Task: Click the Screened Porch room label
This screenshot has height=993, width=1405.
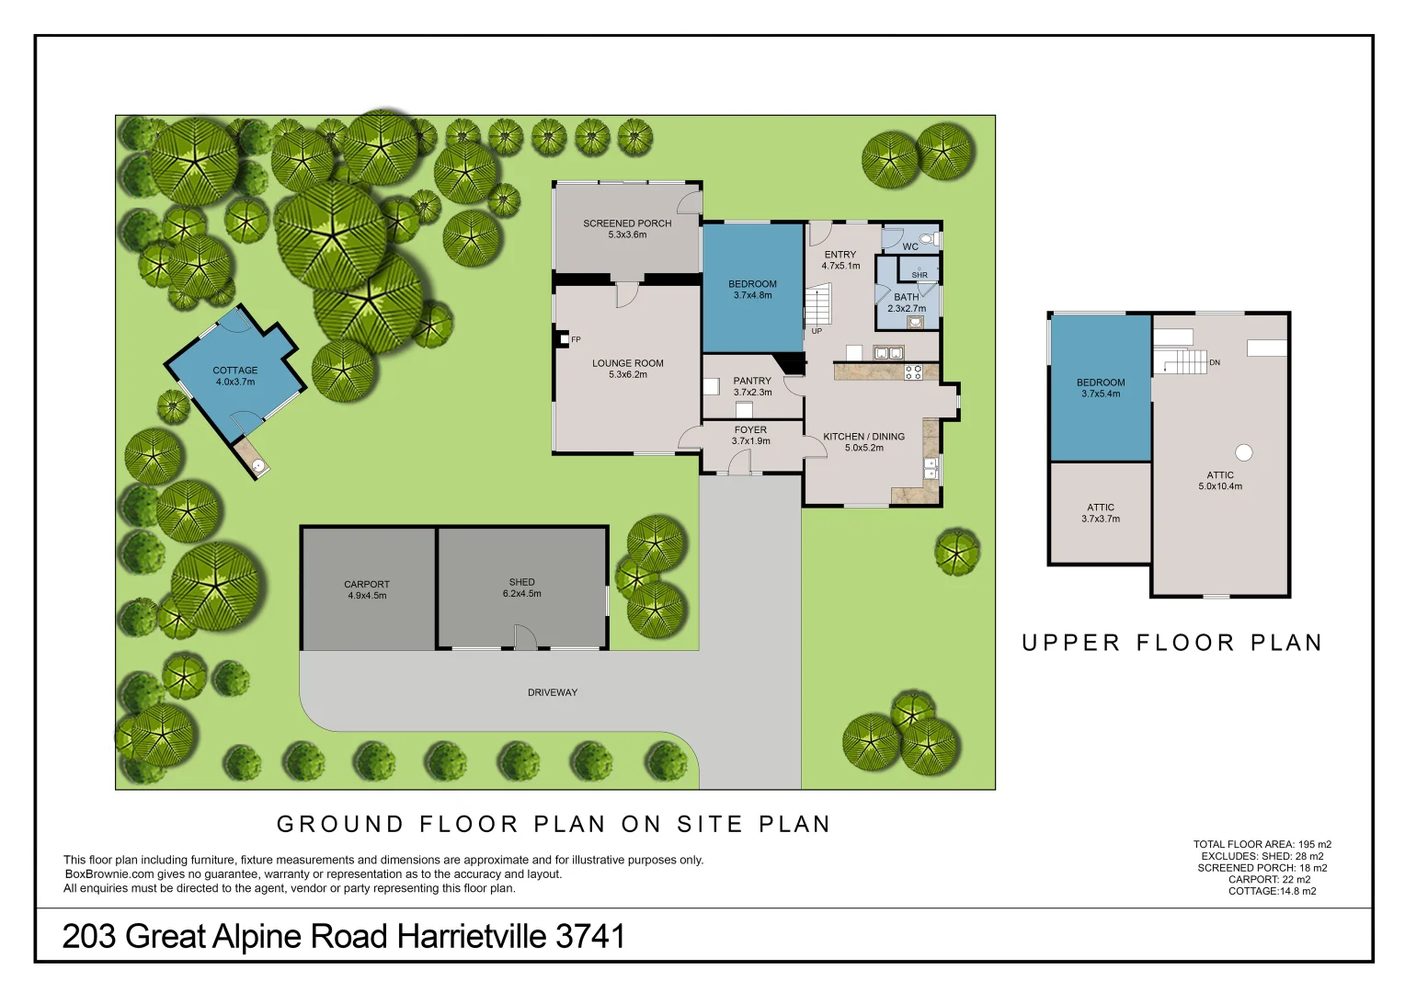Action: point(627,223)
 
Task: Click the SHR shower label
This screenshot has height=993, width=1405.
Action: point(920,275)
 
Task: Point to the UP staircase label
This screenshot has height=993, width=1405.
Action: point(817,331)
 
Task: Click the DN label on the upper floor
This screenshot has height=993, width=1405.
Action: point(1215,362)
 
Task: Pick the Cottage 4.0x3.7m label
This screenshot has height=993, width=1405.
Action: point(234,376)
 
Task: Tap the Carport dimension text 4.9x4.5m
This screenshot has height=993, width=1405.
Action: point(367,596)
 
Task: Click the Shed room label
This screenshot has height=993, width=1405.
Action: point(521,582)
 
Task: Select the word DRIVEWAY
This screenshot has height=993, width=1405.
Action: point(553,692)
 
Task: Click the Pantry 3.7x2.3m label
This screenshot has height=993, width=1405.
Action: point(752,386)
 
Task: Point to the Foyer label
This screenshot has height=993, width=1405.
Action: point(750,429)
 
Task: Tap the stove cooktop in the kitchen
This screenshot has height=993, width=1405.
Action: point(913,371)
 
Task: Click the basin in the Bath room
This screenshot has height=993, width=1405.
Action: point(915,322)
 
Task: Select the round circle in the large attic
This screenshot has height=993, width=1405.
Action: point(1243,452)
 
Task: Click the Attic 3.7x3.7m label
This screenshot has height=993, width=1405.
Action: point(1101,513)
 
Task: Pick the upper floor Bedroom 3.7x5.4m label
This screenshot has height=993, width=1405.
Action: point(1101,388)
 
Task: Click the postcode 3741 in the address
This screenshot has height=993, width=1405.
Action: point(590,937)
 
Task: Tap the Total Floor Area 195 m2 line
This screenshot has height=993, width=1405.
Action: point(1262,844)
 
